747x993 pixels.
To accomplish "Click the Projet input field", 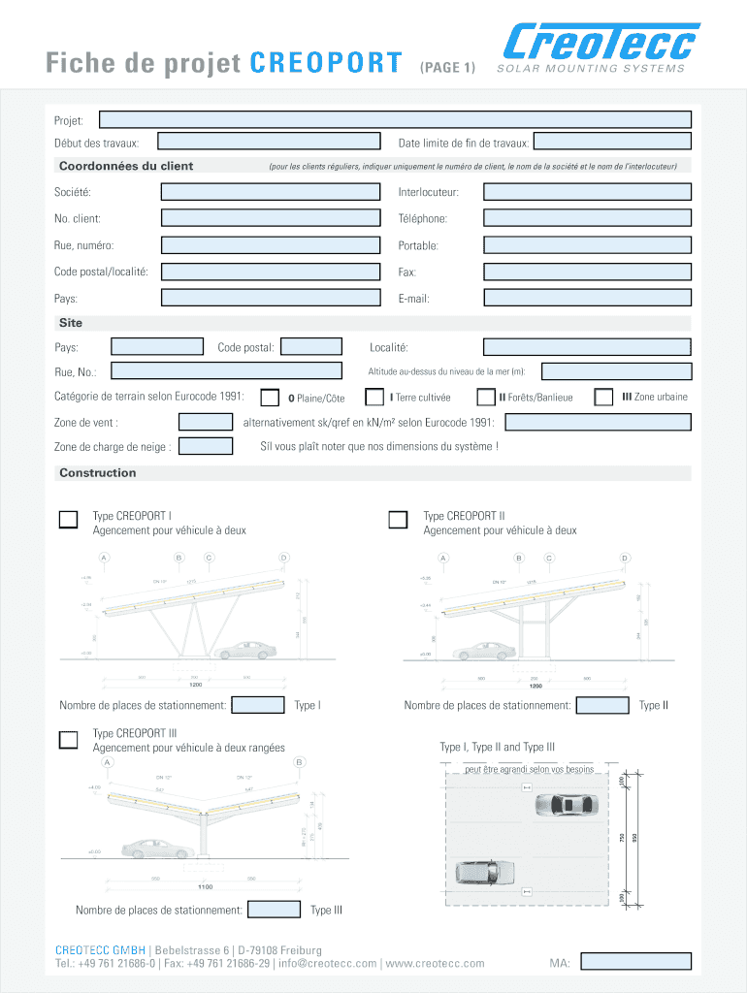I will coord(396,119).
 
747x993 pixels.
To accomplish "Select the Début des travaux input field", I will coord(270,143).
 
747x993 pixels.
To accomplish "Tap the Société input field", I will coord(270,192).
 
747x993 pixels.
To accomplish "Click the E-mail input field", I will coord(587,298).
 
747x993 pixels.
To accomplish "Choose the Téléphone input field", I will coord(587,219).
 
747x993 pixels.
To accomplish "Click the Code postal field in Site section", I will coord(311,346).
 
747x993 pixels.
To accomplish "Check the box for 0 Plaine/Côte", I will coord(271,398).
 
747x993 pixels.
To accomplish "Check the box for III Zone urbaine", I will coord(603,397).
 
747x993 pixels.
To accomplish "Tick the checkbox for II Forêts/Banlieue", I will coord(486,397).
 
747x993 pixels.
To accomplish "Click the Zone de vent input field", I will coord(206,422).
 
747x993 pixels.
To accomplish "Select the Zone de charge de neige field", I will coord(207,446).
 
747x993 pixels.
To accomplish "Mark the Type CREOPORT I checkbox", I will coord(69,519).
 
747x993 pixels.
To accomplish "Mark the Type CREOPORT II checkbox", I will coord(398,520).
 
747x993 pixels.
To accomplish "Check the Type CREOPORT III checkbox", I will coord(69,740).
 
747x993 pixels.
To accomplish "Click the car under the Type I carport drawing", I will coord(244,650).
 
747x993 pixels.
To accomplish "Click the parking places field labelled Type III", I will coord(275,910).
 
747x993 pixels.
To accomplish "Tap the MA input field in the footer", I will coord(634,962).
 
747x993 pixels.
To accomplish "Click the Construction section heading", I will coord(98,473).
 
